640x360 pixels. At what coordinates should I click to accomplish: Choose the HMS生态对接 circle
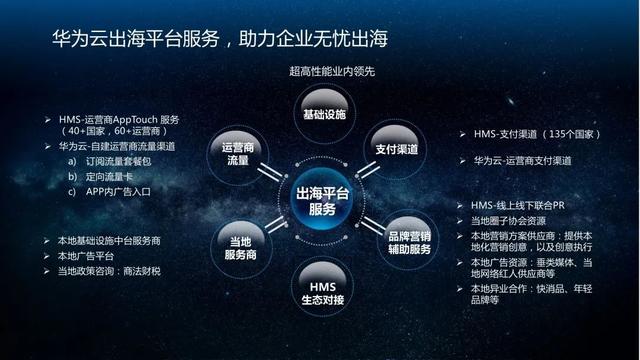pyautogui.click(x=322, y=289)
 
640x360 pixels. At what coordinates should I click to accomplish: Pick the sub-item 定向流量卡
pyautogui.click(x=119, y=176)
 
